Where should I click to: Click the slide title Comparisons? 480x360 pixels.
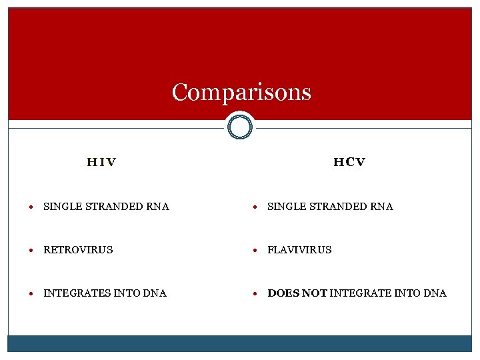[241, 92]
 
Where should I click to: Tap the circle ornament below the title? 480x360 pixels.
[240, 127]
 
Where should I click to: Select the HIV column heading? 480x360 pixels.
[101, 162]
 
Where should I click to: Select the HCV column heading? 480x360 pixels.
[349, 162]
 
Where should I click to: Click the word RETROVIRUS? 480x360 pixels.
[78, 250]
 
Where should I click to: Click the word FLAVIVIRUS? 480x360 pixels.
[299, 250]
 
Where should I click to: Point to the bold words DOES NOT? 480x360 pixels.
[297, 293]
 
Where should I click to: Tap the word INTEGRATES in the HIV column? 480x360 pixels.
[71, 293]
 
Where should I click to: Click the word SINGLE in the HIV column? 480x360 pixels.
[59, 207]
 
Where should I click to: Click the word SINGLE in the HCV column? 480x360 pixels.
[283, 207]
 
